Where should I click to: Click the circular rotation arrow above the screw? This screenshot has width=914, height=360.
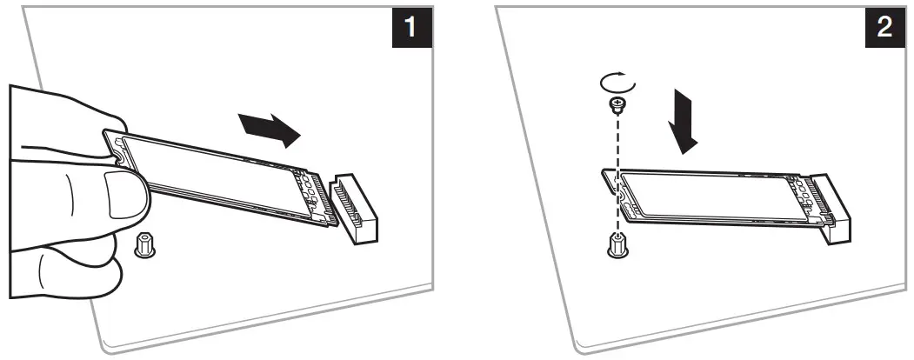tap(617, 84)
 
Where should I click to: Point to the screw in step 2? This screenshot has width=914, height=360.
tap(617, 108)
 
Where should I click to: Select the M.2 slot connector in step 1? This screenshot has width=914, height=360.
tap(357, 208)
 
